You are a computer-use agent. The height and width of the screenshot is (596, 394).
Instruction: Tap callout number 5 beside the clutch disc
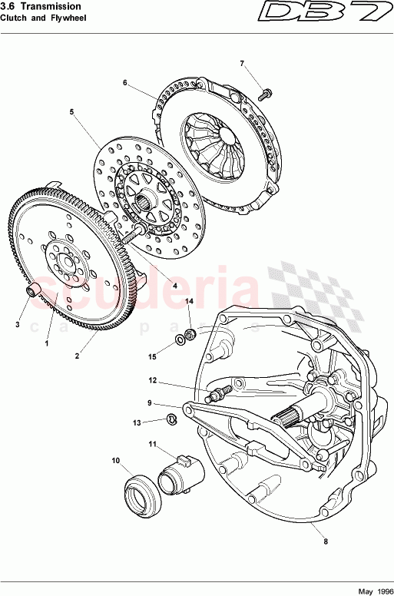(71, 112)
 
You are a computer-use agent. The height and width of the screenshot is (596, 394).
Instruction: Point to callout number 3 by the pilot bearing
(17, 325)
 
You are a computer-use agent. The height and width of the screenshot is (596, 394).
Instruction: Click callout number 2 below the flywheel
(78, 356)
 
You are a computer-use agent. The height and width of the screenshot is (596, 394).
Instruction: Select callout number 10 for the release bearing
(116, 461)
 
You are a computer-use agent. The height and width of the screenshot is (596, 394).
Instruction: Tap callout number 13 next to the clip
(137, 422)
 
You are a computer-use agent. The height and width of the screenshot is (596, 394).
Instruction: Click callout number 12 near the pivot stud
(153, 380)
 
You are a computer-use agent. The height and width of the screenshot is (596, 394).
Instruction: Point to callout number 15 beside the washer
(152, 356)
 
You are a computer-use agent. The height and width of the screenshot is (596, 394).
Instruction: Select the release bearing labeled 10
(141, 489)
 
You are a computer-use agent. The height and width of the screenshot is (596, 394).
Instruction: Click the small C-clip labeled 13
(173, 419)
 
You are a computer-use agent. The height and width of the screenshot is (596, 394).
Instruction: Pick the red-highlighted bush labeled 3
(35, 292)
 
